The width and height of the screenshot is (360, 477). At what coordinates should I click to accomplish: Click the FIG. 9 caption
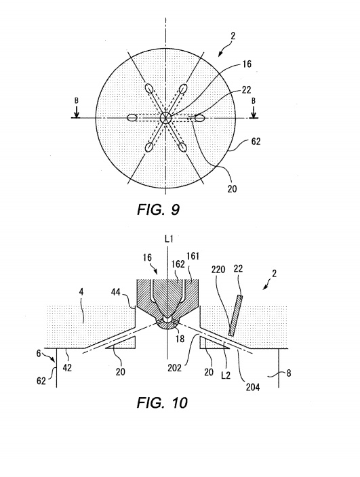[158, 209]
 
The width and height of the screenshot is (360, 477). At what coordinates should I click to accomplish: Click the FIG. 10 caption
[162, 402]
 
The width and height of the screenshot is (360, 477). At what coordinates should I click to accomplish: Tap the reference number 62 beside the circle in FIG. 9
[256, 142]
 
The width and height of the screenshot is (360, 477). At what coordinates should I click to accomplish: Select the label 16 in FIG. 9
[247, 64]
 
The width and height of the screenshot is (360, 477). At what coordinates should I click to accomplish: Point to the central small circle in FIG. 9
[166, 117]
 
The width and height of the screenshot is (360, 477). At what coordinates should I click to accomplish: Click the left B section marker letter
[77, 101]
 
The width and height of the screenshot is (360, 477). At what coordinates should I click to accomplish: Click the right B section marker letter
[253, 101]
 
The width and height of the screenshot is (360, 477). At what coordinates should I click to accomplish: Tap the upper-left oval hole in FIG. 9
[149, 88]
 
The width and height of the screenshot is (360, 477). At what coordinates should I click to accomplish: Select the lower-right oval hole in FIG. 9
[182, 147]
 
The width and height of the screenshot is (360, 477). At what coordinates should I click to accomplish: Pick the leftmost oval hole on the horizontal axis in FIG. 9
[132, 118]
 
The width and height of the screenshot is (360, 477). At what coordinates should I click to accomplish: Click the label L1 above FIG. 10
[169, 239]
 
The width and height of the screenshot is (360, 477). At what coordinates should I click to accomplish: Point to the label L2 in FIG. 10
[226, 375]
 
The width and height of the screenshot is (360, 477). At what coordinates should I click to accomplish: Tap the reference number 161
[193, 256]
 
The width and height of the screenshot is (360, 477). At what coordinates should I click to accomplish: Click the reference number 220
[218, 269]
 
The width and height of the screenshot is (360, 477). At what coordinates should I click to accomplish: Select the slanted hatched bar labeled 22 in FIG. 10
[236, 316]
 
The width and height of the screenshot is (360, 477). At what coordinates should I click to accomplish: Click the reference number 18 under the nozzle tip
[180, 338]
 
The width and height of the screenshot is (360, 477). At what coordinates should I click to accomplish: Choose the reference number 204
[253, 387]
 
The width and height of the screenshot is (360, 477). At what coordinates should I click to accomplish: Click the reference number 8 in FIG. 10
[289, 373]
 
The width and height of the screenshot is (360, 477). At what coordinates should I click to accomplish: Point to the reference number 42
[67, 367]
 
